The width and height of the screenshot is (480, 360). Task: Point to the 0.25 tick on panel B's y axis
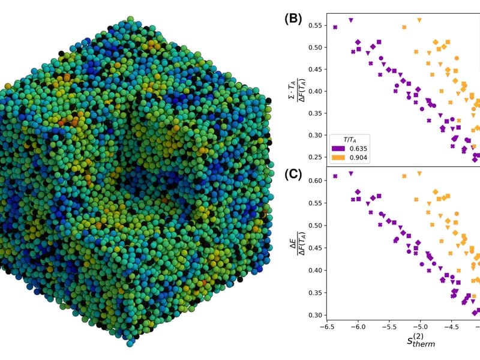[x=315, y=157]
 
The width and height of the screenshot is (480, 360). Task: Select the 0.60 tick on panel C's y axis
[x=315, y=181]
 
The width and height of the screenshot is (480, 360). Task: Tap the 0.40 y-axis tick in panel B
[x=315, y=91]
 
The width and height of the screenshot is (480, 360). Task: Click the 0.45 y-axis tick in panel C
[x=315, y=248]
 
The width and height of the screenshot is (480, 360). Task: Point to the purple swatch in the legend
[x=338, y=149]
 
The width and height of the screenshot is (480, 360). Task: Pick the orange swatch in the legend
[x=338, y=158]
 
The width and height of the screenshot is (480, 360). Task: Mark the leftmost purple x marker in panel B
[x=335, y=27]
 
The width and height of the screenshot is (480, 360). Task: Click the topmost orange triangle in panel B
[x=419, y=20]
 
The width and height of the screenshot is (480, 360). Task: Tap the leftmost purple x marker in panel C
[x=335, y=176]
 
